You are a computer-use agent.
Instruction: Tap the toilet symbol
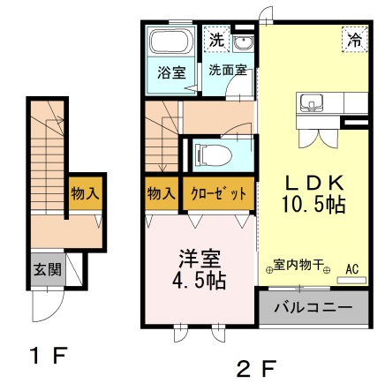tap(213, 154)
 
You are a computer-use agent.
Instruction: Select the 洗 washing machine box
tap(216, 39)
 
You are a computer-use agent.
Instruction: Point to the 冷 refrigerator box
tap(355, 39)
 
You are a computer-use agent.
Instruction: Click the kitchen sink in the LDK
tap(311, 103)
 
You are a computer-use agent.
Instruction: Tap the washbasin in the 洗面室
tap(242, 43)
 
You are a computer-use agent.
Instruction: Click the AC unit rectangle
tap(351, 280)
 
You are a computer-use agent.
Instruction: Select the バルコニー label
tap(313, 308)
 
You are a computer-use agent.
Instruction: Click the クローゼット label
tap(218, 193)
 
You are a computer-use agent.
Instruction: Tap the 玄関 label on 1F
tap(48, 269)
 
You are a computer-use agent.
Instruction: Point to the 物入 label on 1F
tap(85, 193)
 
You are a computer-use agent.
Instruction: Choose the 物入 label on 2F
tap(162, 193)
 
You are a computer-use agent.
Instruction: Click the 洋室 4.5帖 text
tap(199, 269)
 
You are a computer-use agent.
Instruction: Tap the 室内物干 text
tap(298, 265)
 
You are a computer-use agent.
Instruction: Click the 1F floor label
tap(49, 356)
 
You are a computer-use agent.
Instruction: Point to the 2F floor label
tap(257, 368)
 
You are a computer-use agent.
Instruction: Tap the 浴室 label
tap(171, 72)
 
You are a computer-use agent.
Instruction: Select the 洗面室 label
tap(227, 70)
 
